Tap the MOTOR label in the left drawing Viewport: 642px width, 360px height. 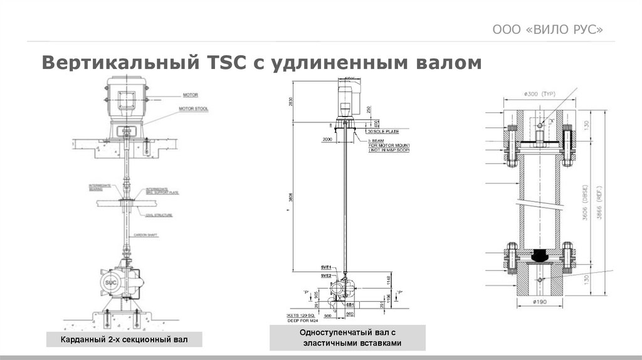coord(190,95)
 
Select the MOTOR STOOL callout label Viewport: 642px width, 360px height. coord(194,109)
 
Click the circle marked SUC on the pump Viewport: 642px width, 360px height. coord(110,283)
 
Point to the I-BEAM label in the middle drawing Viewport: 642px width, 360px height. coord(377,140)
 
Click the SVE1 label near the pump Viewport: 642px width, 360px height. coord(325,268)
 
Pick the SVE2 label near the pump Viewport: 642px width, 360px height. coord(325,275)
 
